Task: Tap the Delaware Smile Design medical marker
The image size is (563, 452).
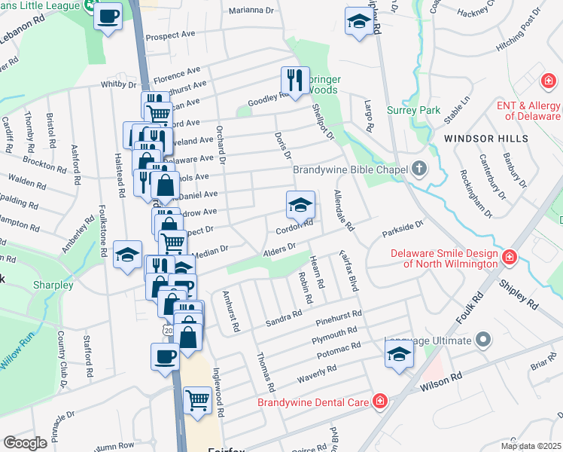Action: (x=510, y=258)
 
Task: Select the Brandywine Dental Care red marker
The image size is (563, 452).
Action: (x=380, y=402)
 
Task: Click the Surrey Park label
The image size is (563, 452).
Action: (x=413, y=110)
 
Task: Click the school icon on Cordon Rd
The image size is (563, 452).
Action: (x=300, y=205)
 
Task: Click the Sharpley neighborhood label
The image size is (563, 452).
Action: (x=53, y=286)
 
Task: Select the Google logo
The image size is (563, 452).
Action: (x=25, y=443)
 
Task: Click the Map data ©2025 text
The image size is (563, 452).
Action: (x=530, y=446)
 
